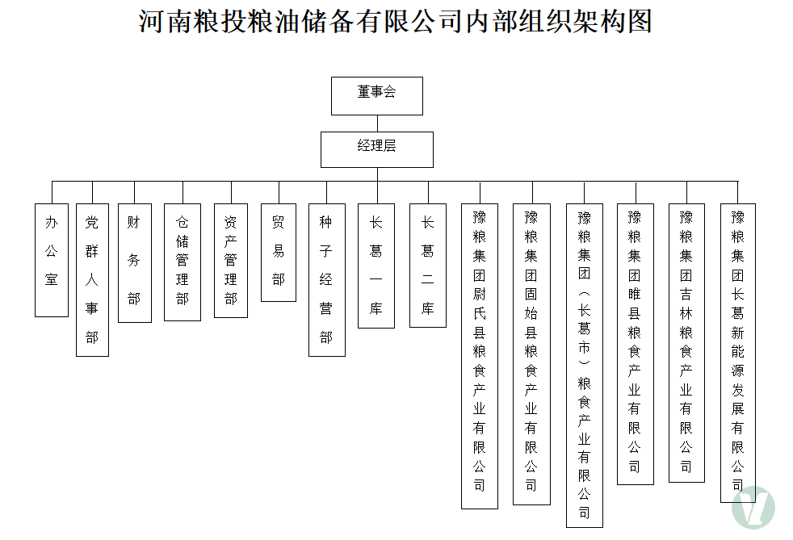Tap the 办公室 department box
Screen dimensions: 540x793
[52, 260]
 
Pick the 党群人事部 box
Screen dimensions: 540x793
[92, 279]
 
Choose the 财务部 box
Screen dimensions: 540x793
[134, 262]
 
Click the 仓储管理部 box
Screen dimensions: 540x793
[183, 262]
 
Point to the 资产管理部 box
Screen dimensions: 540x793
[231, 260]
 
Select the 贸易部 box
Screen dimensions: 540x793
[279, 252]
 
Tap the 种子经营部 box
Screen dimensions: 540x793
[326, 279]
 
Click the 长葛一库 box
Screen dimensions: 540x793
[376, 266]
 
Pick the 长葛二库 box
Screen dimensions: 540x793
[428, 265]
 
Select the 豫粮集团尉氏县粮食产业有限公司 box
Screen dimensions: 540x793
[480, 356]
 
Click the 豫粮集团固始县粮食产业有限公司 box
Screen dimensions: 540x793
[531, 354]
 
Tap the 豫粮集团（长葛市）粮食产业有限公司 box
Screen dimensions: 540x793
[584, 365]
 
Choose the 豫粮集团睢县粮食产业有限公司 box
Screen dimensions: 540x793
[635, 344]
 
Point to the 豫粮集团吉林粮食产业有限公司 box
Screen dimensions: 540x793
[686, 342]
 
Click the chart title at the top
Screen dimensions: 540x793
[396, 22]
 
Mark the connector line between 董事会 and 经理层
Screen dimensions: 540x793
[377, 123]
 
